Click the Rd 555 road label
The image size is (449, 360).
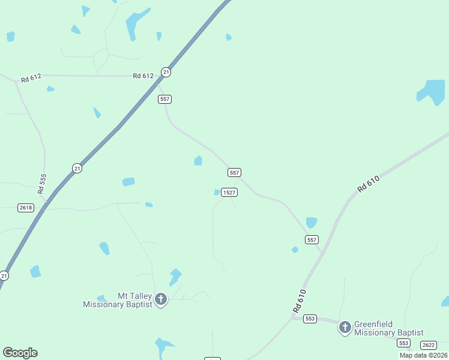tap(41, 184)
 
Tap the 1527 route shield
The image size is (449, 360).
tap(229, 192)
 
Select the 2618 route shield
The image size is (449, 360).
tap(26, 208)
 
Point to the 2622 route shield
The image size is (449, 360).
tap(429, 344)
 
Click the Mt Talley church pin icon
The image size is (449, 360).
tap(161, 299)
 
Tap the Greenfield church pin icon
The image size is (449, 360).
tap(345, 327)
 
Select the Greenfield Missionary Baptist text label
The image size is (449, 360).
tap(388, 328)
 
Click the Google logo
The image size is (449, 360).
tap(20, 353)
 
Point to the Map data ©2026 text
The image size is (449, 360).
tap(423, 355)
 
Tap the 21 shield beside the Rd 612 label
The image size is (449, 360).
tap(166, 72)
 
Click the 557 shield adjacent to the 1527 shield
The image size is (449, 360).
tap(235, 172)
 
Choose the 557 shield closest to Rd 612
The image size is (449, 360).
tap(165, 98)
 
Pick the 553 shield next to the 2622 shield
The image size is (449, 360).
tap(403, 343)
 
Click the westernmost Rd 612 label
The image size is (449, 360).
tap(31, 79)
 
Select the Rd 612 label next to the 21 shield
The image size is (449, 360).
tap(144, 76)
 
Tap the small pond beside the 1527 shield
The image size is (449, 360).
tap(217, 192)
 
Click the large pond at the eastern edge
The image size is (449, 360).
tap(432, 92)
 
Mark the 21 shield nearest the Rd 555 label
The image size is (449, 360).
tap(77, 168)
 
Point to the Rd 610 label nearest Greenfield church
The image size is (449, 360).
tap(300, 300)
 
